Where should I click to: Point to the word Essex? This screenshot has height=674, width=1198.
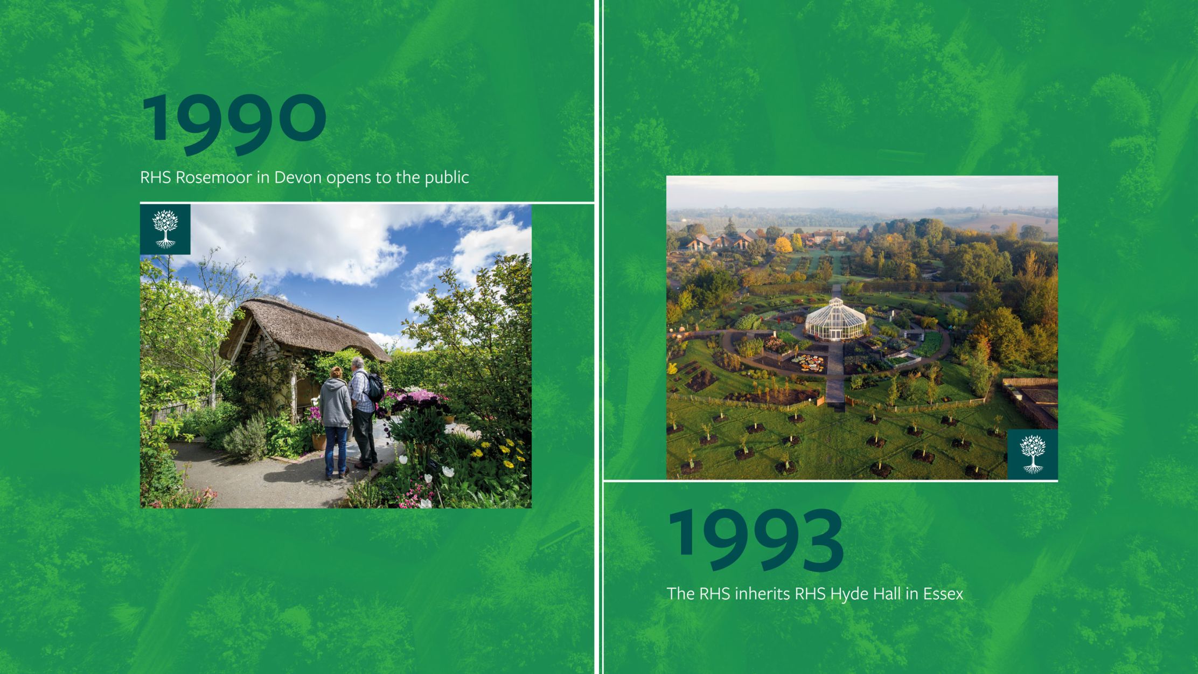[943, 594]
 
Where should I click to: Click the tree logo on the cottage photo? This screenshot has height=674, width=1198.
[165, 229]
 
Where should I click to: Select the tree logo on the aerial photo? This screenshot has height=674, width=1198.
[1033, 454]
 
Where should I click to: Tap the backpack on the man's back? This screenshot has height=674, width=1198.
[374, 387]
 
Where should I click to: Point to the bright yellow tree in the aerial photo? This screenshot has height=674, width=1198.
[783, 246]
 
